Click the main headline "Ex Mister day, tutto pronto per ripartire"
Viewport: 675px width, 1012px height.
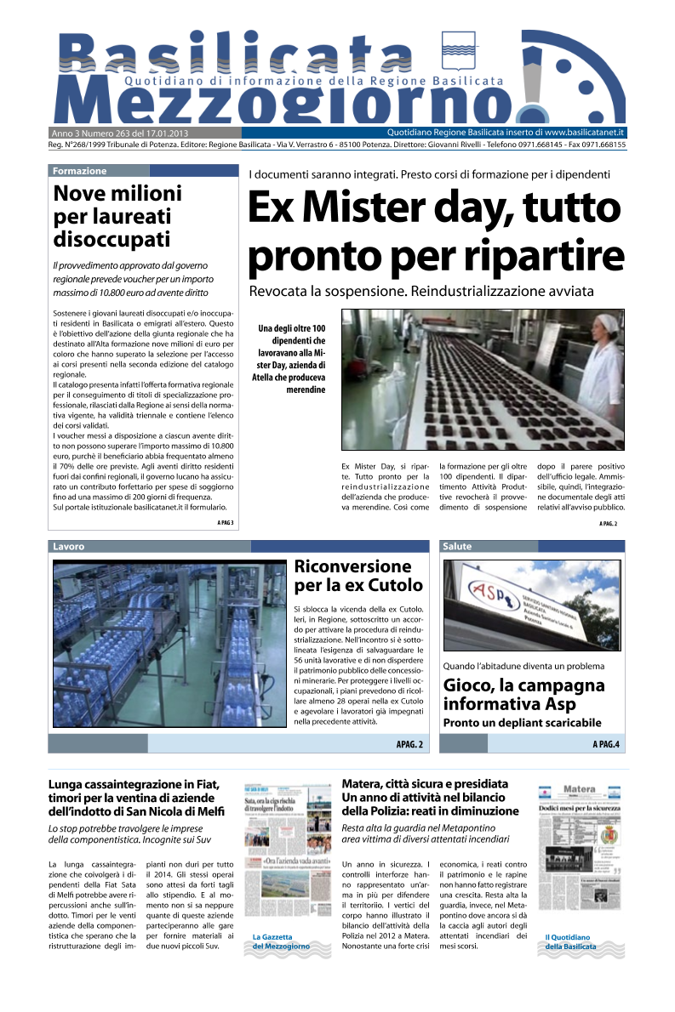tap(435, 231)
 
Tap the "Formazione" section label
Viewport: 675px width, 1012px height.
tap(79, 171)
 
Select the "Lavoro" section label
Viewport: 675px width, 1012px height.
tap(68, 546)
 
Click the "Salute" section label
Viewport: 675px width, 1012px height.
tap(457, 546)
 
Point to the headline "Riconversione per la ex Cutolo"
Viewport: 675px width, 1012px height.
tap(358, 576)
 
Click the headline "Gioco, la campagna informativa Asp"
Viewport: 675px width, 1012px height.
tap(523, 695)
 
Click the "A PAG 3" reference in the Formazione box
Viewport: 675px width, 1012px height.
tap(225, 522)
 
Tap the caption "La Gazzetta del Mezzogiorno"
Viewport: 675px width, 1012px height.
tap(280, 941)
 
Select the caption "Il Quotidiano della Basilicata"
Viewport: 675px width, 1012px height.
tap(570, 941)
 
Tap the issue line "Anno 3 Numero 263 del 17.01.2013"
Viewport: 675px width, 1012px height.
tap(120, 134)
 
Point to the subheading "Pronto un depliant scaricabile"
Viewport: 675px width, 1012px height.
tap(520, 723)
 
